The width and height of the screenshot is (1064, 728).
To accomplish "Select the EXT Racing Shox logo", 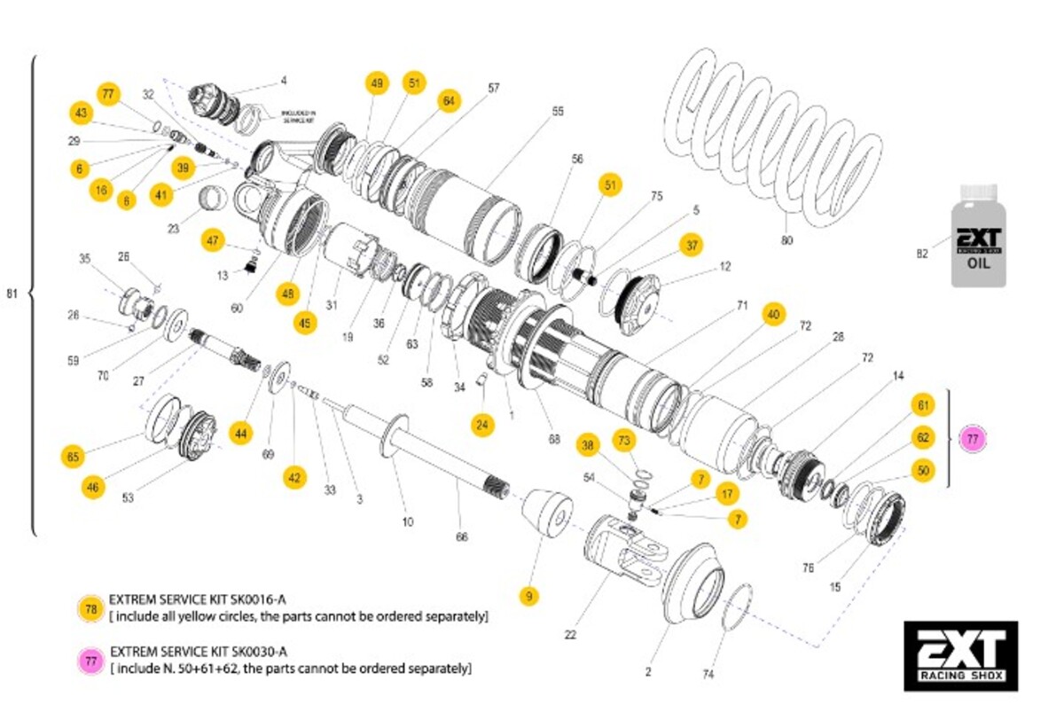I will [960, 655].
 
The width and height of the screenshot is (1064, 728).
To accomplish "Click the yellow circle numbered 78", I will [90, 609].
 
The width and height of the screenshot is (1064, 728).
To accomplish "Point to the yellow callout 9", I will [529, 597].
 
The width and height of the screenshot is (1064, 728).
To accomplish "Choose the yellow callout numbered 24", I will [481, 426].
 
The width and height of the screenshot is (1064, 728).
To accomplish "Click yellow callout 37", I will [692, 245].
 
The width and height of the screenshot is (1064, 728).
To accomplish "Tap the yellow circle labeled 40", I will [774, 314].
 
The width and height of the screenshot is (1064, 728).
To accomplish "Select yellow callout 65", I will [74, 458].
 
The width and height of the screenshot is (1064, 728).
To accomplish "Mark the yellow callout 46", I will [92, 485].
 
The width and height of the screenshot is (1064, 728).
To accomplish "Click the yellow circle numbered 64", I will [449, 100].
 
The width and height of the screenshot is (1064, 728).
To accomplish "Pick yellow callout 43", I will [82, 114].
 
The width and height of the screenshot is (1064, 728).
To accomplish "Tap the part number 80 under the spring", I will [786, 240].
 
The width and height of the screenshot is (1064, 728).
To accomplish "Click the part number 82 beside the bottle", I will [921, 254].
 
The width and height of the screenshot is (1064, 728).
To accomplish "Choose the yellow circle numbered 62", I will [923, 437].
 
